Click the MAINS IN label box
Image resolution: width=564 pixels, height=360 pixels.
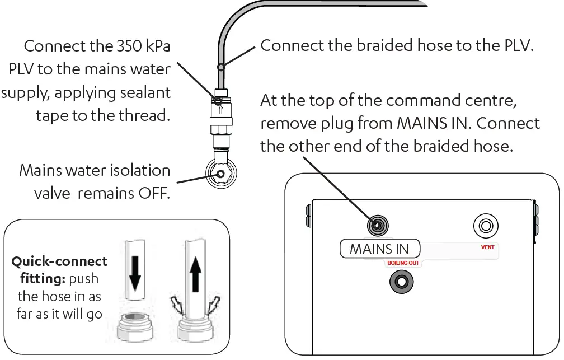[x=379, y=249]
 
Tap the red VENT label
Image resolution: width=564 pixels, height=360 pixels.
[x=488, y=247]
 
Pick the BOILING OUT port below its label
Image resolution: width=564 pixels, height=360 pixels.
[x=401, y=280]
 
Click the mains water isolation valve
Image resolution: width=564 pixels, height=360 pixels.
[x=220, y=174]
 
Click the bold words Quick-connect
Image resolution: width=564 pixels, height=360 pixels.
[x=60, y=261]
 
